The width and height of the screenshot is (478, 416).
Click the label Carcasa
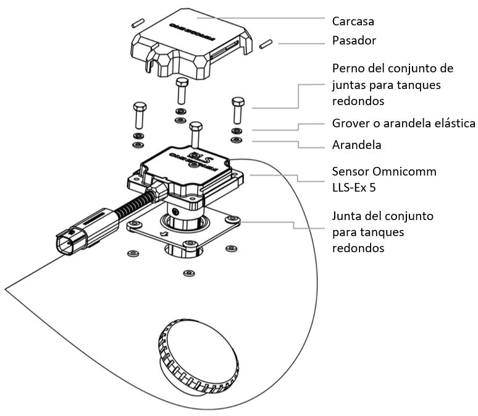[353, 20]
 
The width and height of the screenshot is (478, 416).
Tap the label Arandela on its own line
[356, 145]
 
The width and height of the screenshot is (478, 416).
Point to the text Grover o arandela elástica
[403, 123]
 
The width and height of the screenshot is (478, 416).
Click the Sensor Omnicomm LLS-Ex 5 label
[384, 179]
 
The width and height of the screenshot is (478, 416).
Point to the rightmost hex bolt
[237, 109]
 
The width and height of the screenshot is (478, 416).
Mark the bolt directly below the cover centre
[180, 91]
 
